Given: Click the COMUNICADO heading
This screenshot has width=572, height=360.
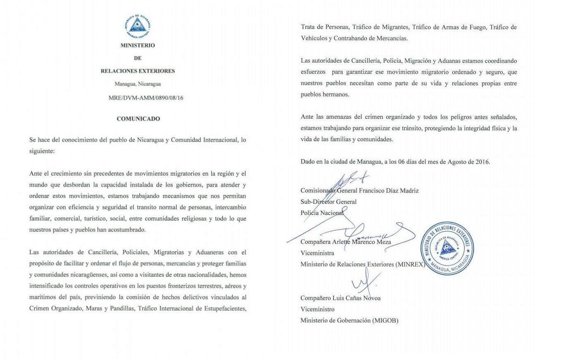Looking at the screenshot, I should [138, 119].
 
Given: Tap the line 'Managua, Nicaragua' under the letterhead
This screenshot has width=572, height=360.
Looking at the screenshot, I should [138, 84].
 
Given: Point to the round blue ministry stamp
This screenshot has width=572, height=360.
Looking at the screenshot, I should [447, 249].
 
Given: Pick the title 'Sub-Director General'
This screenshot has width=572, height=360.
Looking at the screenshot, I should [329, 202].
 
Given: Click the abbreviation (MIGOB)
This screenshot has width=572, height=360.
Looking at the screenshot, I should [385, 320].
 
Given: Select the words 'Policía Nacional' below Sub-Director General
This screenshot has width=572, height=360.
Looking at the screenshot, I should [322, 213].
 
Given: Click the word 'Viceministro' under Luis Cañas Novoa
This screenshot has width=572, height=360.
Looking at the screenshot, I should [317, 309].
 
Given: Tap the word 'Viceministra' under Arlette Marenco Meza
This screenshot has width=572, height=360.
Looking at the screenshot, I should [317, 253].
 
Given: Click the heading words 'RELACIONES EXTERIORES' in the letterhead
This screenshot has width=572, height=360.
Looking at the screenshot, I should [138, 71].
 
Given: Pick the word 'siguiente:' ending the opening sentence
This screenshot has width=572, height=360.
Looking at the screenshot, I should [42, 151].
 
